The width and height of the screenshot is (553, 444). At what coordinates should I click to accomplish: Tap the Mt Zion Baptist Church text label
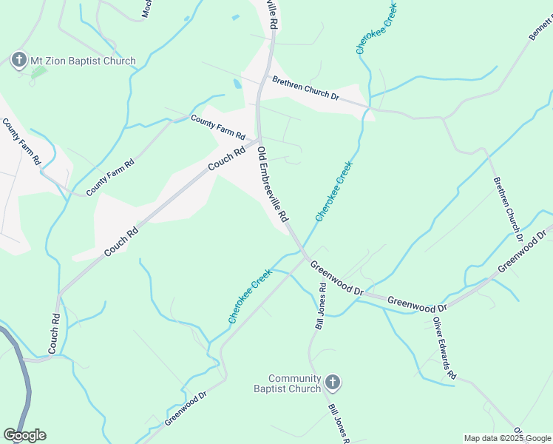pyautogui.click(x=82, y=61)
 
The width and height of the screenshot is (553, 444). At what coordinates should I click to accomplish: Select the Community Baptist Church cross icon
pyautogui.click(x=332, y=383)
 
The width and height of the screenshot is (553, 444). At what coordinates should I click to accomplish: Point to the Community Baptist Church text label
pyautogui.click(x=288, y=383)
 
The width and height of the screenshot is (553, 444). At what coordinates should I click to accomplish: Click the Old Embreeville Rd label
pyautogui.click(x=271, y=185)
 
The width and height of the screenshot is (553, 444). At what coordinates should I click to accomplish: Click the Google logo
pyautogui.click(x=24, y=435)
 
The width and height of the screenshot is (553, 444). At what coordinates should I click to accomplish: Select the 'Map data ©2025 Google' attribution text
pyautogui.click(x=506, y=438)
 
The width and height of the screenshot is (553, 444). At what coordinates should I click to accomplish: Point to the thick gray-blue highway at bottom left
pyautogui.click(x=24, y=377)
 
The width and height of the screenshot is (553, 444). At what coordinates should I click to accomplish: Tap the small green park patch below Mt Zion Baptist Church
pyautogui.click(x=38, y=73)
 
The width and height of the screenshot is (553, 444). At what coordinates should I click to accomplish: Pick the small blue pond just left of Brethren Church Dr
pyautogui.click(x=237, y=84)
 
